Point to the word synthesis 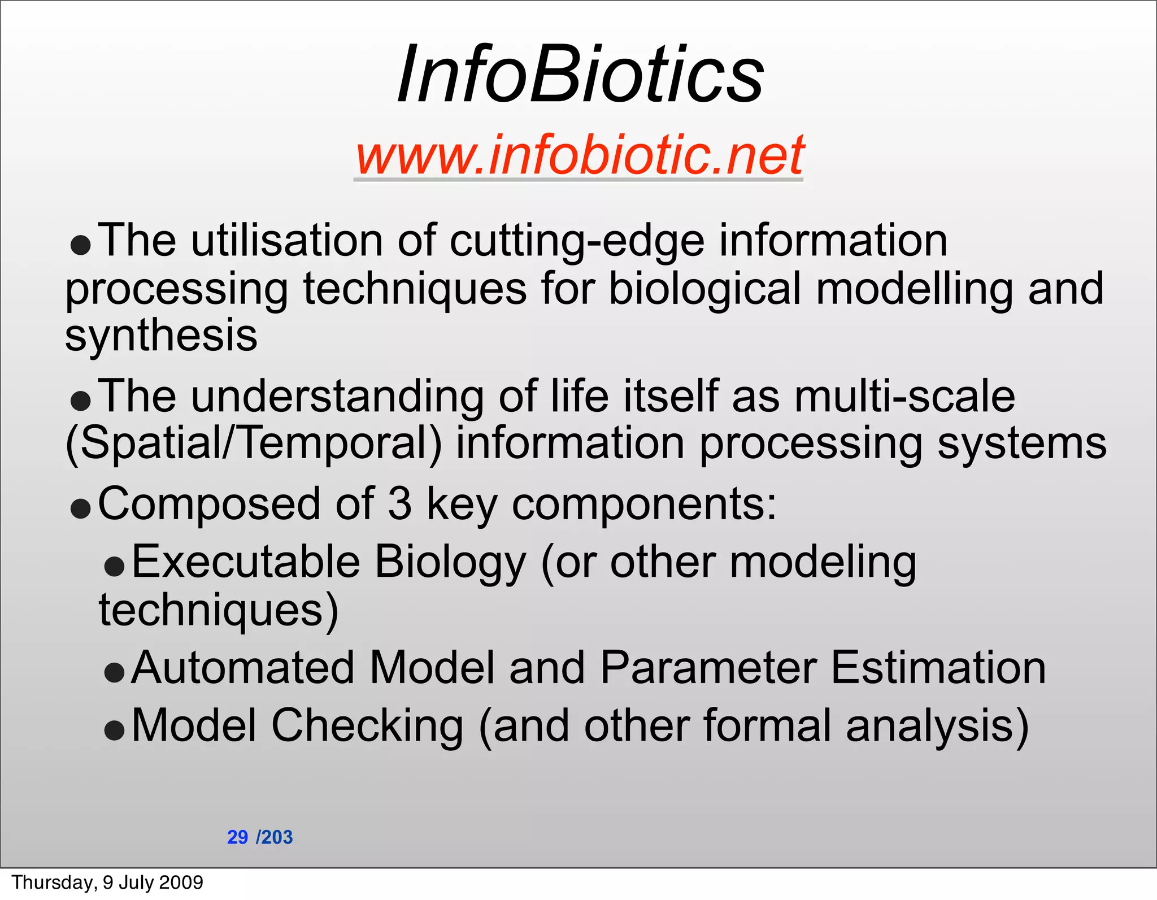click(x=161, y=336)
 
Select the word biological click(x=705, y=289)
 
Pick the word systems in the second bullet click(x=1021, y=444)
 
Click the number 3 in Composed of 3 click(x=399, y=504)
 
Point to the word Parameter click(x=708, y=668)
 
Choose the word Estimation click(x=938, y=668)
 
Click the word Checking click(x=367, y=727)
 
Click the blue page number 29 click(x=237, y=837)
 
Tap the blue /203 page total click(x=275, y=837)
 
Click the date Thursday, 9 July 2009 click(x=107, y=882)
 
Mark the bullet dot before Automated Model click(x=114, y=672)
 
